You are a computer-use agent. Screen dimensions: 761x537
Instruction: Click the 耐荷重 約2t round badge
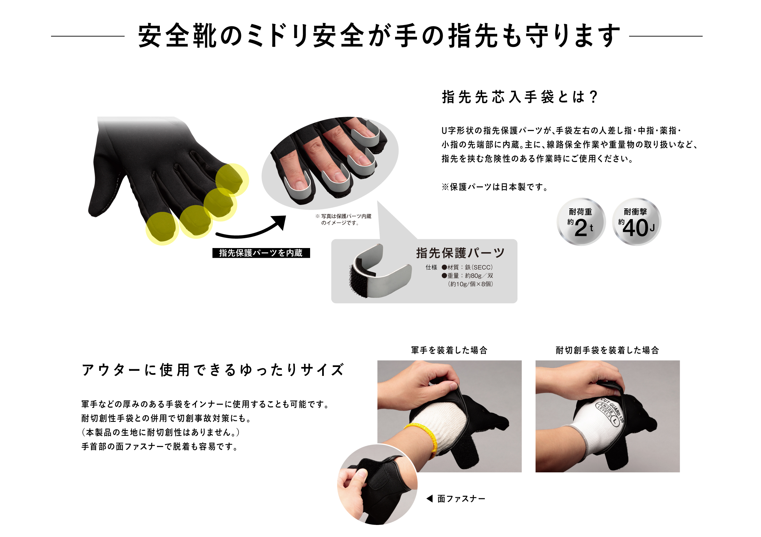581,222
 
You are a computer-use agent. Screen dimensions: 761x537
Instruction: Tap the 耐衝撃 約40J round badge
636,222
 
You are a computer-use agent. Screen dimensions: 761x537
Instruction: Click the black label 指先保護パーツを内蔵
261,253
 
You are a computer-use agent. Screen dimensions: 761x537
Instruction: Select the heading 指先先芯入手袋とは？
520,97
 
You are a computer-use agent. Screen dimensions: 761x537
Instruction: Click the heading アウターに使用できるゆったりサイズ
213,370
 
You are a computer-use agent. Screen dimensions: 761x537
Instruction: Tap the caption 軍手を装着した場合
449,350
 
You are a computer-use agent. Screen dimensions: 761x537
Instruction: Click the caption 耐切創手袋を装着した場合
607,350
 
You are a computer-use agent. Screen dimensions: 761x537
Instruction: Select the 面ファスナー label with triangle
456,499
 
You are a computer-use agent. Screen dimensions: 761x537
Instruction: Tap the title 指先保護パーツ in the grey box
460,253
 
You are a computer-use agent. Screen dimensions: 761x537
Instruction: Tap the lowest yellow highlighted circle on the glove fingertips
162,229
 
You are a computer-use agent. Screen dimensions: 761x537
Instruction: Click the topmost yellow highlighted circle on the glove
232,180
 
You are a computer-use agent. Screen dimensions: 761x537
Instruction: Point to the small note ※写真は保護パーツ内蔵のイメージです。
343,219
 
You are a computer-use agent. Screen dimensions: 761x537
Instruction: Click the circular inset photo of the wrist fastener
377,485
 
